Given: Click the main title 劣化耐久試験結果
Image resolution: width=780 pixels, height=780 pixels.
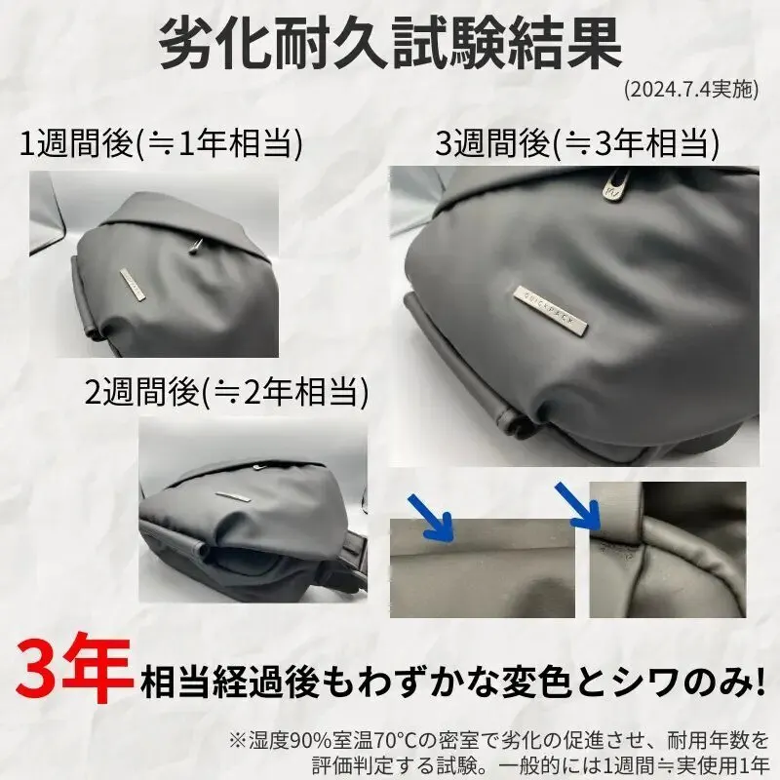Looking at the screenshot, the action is [x=391, y=44].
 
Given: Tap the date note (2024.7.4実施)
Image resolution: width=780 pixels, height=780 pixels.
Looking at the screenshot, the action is [x=691, y=90].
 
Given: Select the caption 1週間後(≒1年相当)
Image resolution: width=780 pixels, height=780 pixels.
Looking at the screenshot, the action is [x=161, y=143].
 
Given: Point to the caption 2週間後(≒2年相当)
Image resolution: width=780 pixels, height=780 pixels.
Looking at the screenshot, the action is [x=227, y=392].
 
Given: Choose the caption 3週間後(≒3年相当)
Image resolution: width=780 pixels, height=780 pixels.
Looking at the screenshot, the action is [x=577, y=143].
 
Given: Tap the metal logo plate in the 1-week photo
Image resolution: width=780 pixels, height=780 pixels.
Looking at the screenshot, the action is [x=133, y=285].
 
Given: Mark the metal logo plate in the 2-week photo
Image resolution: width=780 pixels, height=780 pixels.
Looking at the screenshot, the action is [x=234, y=497].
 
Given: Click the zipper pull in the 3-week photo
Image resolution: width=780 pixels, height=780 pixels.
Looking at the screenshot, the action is [x=613, y=186].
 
